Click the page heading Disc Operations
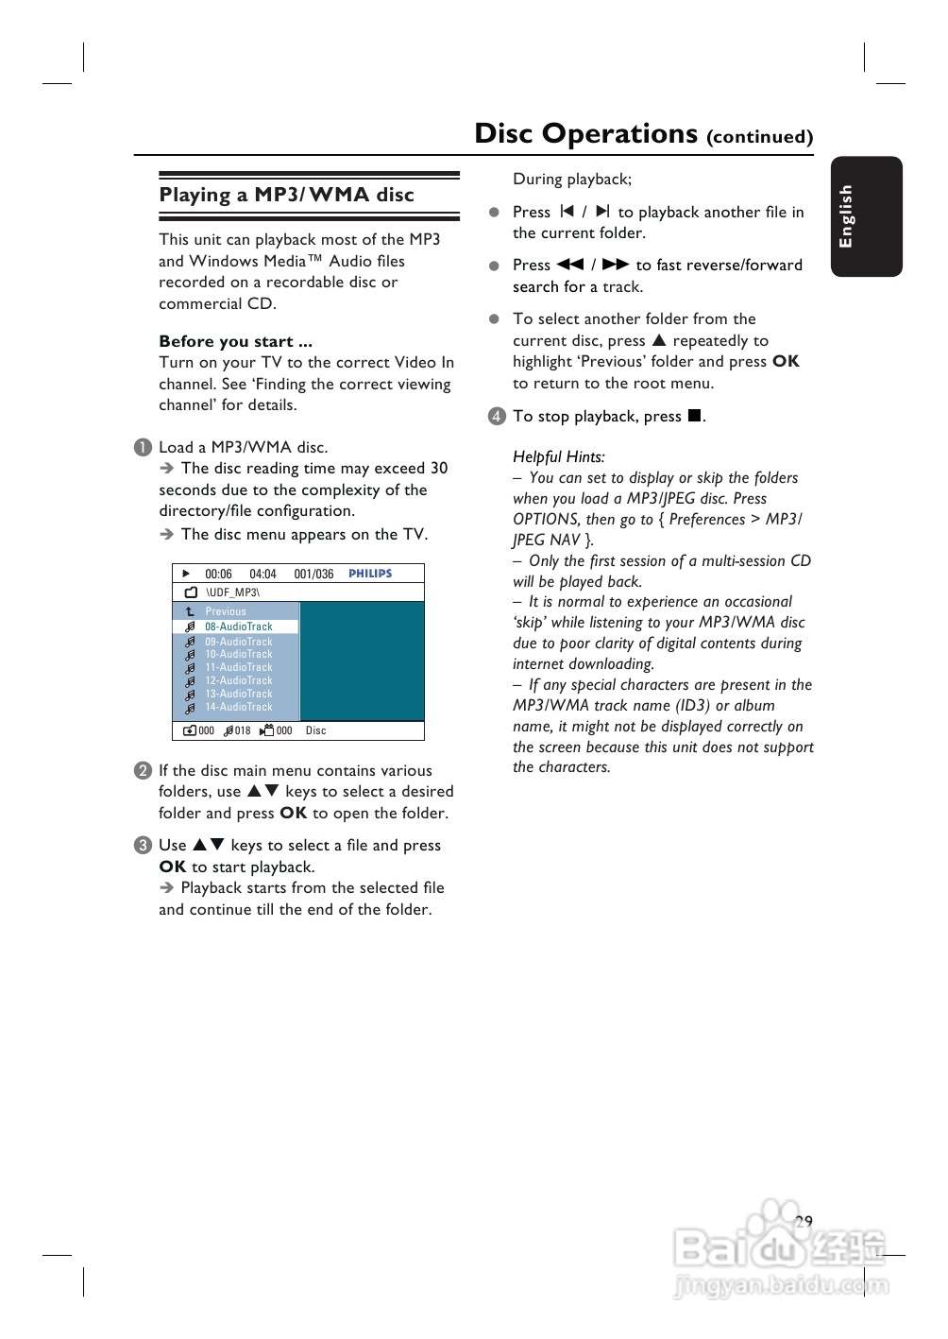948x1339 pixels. [x=585, y=134]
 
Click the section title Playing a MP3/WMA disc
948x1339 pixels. [x=286, y=195]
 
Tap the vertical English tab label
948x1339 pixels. [x=846, y=216]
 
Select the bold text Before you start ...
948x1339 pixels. [x=235, y=341]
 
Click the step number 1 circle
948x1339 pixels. [x=143, y=448]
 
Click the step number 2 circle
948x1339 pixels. [x=143, y=771]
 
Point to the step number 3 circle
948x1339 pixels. [x=143, y=846]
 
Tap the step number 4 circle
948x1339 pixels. [x=497, y=417]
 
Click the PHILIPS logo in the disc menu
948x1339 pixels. [x=370, y=574]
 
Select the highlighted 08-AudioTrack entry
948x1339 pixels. [x=238, y=627]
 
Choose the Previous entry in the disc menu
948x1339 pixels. [x=226, y=611]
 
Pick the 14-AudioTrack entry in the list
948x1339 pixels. [x=238, y=707]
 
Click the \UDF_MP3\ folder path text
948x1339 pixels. [x=232, y=592]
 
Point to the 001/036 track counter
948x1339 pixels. [x=313, y=574]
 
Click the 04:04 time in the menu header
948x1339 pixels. [x=262, y=574]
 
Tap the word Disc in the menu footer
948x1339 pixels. [x=315, y=730]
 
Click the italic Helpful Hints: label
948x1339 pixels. [x=559, y=457]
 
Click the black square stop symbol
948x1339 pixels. [x=694, y=416]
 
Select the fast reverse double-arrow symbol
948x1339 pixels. [x=570, y=265]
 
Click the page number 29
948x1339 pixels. [x=804, y=1221]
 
